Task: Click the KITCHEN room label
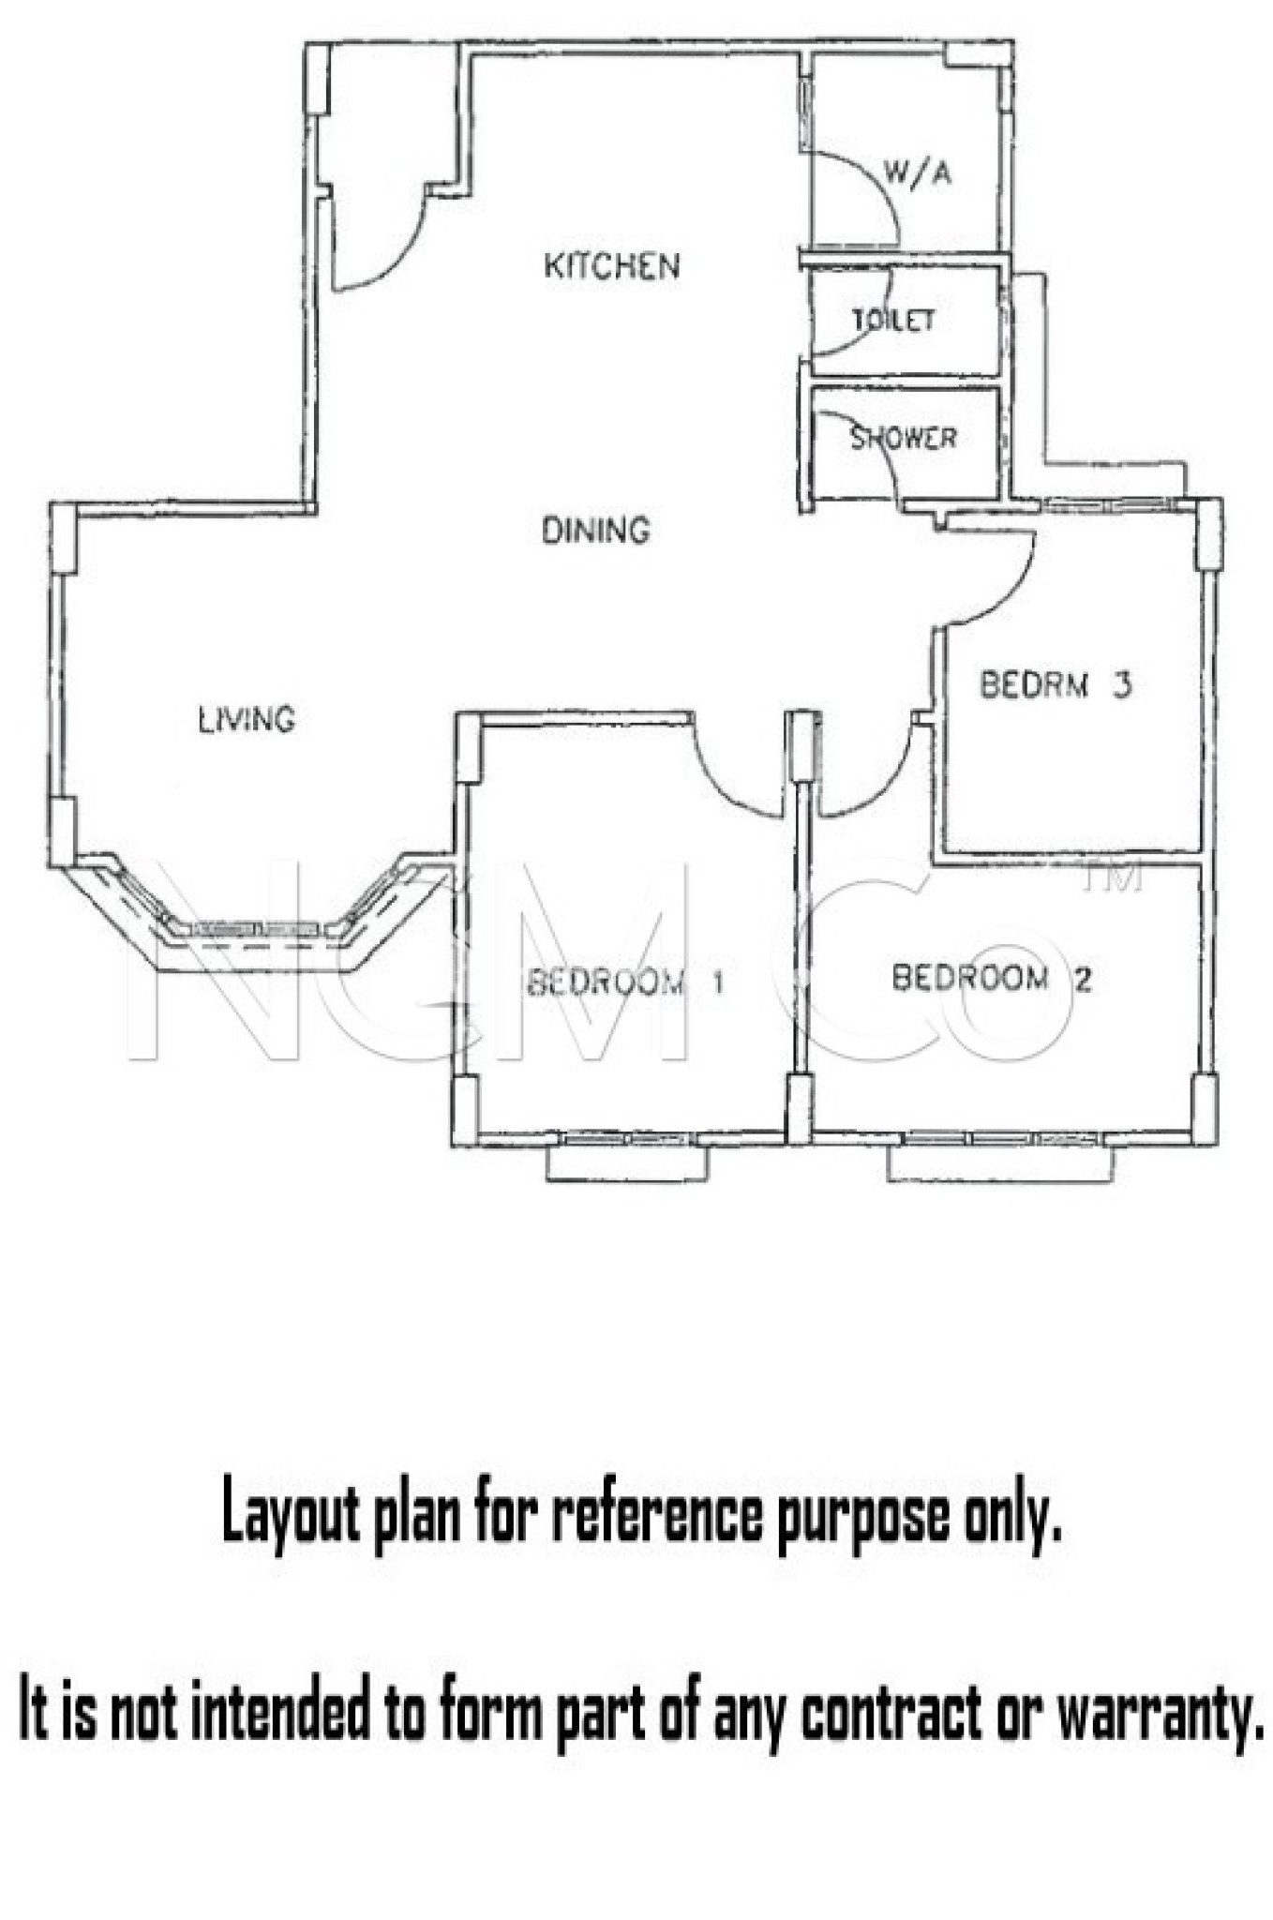[611, 266]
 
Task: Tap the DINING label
[595, 531]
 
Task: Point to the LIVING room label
[247, 720]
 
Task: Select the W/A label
[917, 172]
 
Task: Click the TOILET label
[893, 320]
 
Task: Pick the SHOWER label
[903, 438]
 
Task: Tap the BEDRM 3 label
[1056, 684]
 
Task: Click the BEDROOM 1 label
[625, 982]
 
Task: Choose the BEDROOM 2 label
[991, 979]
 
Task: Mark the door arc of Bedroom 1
[722, 786]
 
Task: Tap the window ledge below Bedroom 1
[627, 1163]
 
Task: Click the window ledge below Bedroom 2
[1001, 1163]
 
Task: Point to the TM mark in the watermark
[1112, 877]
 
